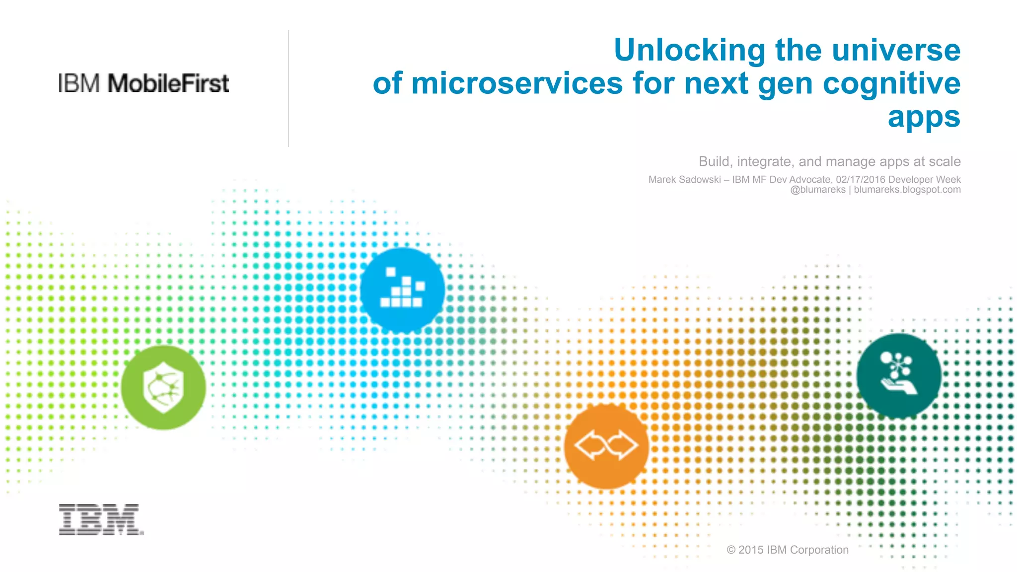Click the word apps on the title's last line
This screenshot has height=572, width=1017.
[x=924, y=117]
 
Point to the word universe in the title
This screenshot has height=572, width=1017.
[x=896, y=50]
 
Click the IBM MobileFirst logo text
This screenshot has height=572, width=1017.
[x=144, y=83]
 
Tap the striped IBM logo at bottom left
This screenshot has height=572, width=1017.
[x=101, y=519]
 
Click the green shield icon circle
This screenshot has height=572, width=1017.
[x=163, y=387]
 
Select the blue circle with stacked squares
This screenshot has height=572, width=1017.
[x=402, y=290]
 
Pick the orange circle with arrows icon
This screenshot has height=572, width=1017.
[x=606, y=445]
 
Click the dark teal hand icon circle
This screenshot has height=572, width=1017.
[x=899, y=375]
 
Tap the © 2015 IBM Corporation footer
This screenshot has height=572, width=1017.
[x=788, y=550]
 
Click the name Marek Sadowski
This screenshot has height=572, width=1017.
[x=684, y=180]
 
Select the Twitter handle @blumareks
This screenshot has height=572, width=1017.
[x=817, y=190]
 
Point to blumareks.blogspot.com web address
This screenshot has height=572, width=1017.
[x=907, y=190]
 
